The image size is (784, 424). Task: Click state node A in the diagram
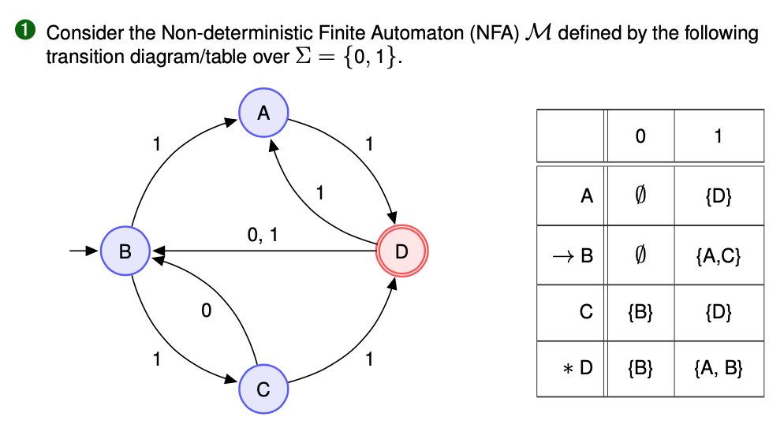click(264, 113)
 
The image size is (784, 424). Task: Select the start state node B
click(125, 251)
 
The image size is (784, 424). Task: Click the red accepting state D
click(402, 251)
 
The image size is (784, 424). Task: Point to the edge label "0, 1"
click(262, 235)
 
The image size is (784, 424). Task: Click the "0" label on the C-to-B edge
click(206, 311)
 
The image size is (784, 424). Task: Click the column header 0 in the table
click(640, 136)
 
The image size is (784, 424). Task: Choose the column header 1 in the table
click(719, 136)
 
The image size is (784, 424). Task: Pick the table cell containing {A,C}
click(719, 256)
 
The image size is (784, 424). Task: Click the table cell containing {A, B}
click(719, 367)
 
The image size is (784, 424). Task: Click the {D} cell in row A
click(719, 196)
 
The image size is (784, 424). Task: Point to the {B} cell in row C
click(640, 312)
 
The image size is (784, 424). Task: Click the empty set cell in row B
click(640, 256)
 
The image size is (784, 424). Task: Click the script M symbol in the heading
click(541, 33)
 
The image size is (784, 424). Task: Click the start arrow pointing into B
click(82, 251)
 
